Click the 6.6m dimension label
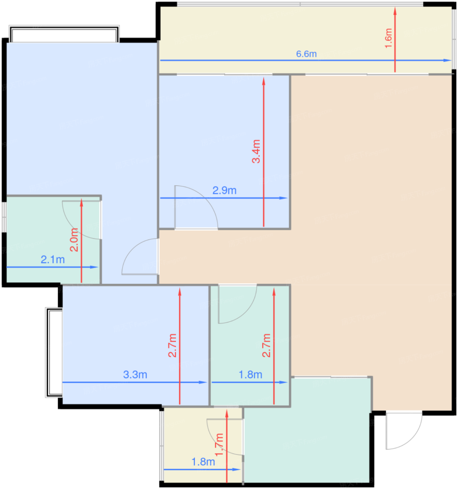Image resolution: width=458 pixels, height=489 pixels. (x=306, y=54)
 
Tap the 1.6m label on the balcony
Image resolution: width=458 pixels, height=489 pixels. (x=388, y=38)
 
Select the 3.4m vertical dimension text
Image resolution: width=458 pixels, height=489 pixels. (x=256, y=151)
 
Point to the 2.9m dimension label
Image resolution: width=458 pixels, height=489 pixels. (x=224, y=190)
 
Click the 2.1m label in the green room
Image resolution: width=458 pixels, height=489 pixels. (x=52, y=260)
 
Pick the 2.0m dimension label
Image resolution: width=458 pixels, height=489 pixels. (x=74, y=240)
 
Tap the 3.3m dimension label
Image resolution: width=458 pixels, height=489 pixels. (x=135, y=374)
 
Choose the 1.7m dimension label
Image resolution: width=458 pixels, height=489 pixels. (x=219, y=445)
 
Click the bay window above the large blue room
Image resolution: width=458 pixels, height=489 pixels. (x=64, y=34)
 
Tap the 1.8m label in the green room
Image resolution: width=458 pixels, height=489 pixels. (x=250, y=374)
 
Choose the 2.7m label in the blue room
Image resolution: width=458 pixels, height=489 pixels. (x=172, y=345)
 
